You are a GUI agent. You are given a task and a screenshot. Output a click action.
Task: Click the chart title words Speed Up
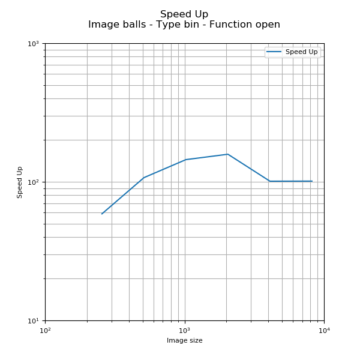pos(184,14)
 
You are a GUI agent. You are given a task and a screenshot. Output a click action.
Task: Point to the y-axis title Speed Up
pos(20,182)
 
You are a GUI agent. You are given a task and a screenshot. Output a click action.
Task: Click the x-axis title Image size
pos(184,341)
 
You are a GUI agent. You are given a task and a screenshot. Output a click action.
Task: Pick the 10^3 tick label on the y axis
pos(32,44)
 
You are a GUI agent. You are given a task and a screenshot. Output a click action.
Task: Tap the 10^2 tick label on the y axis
pos(32,182)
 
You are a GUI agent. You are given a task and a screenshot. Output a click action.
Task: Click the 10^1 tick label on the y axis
pos(32,320)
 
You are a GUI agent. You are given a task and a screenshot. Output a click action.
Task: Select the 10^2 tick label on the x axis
pos(45,330)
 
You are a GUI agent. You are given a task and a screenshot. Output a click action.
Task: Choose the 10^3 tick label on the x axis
pos(184,330)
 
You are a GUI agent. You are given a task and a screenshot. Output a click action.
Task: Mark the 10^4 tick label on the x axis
pos(324,330)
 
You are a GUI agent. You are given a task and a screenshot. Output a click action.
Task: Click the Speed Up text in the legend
pos(301,52)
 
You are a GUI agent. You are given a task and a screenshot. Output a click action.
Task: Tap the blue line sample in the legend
pos(274,52)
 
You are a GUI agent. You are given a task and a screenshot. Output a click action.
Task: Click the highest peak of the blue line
pos(227,154)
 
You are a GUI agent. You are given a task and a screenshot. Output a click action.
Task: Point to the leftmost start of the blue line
pos(102,214)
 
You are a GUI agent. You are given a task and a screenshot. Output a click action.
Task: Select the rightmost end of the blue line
pos(312,181)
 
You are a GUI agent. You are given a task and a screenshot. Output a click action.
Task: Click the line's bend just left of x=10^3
pos(144,178)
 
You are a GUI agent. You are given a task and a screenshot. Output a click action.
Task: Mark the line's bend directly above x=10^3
pos(186,160)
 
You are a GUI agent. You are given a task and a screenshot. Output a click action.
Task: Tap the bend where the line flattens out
pos(270,181)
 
